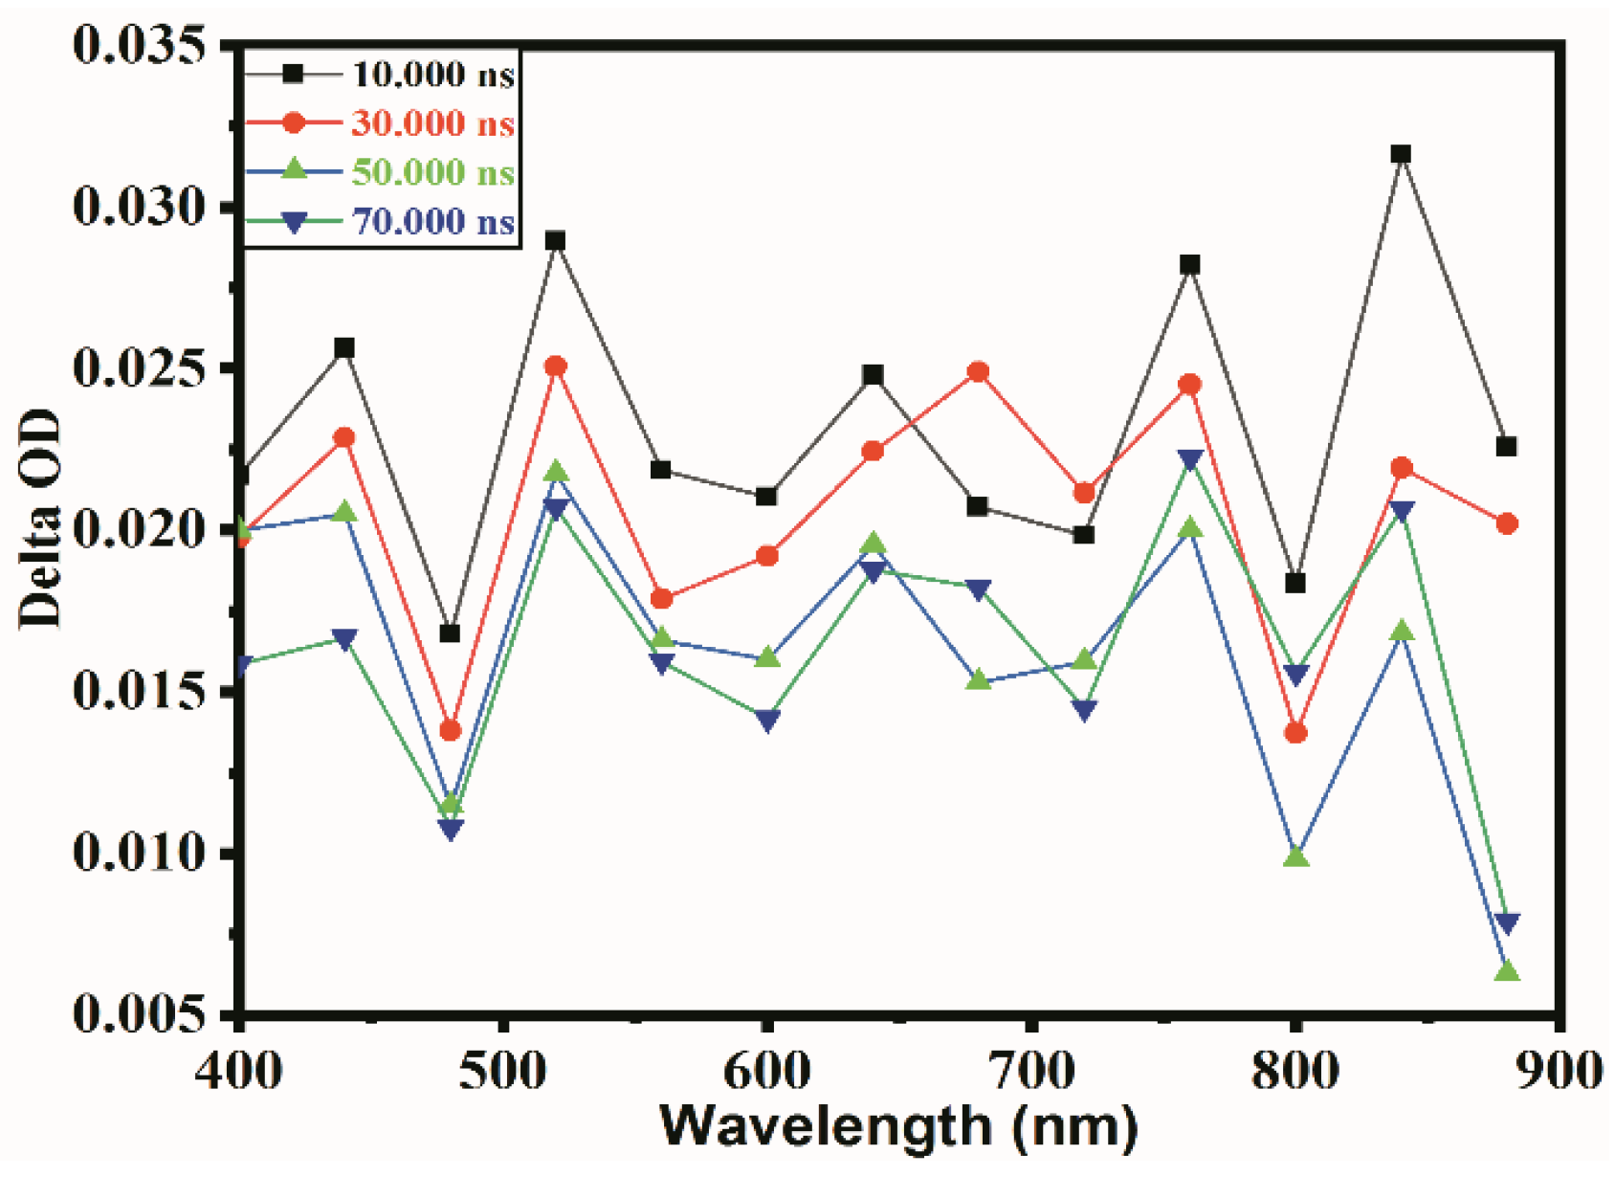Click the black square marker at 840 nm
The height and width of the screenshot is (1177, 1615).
[x=1401, y=155]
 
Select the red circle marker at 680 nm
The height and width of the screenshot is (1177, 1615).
[x=978, y=372]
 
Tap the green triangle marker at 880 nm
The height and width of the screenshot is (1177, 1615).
[x=1507, y=972]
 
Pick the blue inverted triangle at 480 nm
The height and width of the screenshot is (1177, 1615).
[x=452, y=830]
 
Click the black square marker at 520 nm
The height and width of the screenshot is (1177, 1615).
[x=556, y=241]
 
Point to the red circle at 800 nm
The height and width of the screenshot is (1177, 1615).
[x=1295, y=733]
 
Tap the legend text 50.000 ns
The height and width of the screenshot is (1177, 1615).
[x=433, y=172]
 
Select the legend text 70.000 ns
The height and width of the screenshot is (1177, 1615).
[x=433, y=222]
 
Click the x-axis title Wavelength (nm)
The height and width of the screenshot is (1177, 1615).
[x=898, y=1127]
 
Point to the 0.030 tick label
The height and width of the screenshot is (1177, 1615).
[x=140, y=207]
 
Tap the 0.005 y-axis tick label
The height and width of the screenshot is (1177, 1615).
[x=140, y=1014]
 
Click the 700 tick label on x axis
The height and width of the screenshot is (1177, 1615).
[x=1030, y=1071]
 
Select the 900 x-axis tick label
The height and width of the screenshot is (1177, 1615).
[x=1559, y=1071]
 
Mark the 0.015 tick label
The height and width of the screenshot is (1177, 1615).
[x=140, y=691]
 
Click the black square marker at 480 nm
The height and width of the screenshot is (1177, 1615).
[x=450, y=633]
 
